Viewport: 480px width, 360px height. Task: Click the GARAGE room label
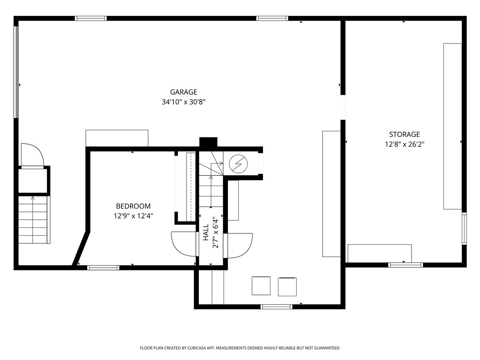point(183,92)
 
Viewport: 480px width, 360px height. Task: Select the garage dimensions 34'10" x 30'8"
point(183,102)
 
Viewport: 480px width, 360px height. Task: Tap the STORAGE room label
point(404,135)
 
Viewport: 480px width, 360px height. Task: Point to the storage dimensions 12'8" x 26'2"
point(404,144)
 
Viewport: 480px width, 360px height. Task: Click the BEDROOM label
point(134,206)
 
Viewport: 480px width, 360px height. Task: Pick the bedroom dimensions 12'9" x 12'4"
point(134,216)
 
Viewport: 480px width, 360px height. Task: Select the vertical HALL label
point(206,232)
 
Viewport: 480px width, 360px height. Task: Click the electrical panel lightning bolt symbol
point(238,164)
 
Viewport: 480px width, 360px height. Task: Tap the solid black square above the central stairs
point(208,142)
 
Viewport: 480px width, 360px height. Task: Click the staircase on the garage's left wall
point(33,219)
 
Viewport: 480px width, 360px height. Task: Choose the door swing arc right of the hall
point(240,245)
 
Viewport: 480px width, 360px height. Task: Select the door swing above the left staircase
point(33,155)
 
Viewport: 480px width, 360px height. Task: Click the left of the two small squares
point(261,286)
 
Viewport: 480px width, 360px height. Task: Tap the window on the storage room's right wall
point(464,229)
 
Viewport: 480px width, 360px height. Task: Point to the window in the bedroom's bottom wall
point(103,268)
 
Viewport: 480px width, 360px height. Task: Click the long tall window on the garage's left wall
point(16,71)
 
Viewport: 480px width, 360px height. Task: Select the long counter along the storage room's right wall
point(452,126)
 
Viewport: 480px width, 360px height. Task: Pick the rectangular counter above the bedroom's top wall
point(117,138)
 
